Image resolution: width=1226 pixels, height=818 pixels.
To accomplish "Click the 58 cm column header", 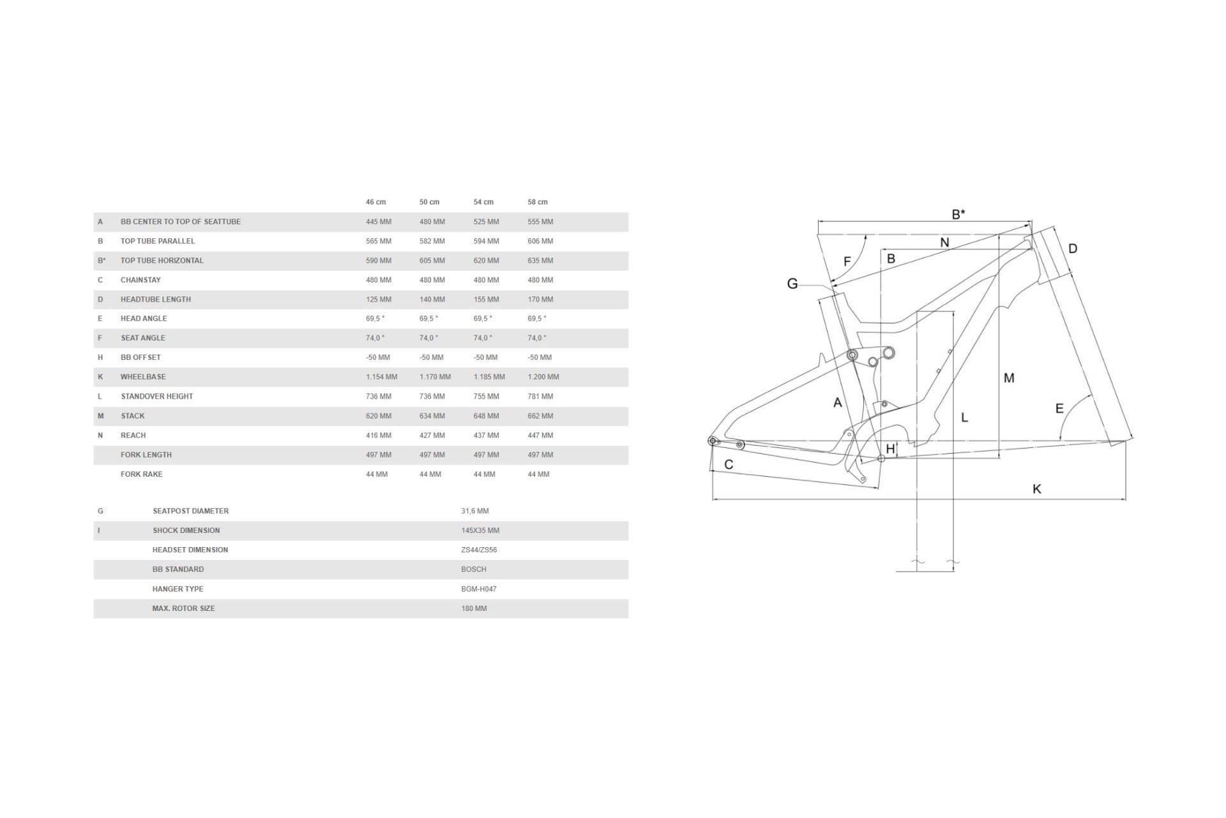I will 537,202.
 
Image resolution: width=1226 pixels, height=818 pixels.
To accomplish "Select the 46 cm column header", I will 375,202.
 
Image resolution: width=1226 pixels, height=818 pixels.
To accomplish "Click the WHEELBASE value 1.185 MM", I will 488,377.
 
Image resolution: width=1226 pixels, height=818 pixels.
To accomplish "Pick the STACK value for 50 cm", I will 432,416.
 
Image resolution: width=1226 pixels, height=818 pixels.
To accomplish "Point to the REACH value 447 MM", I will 540,435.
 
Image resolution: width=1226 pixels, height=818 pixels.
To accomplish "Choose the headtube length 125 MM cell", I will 378,299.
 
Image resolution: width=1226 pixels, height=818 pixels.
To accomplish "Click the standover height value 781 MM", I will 540,396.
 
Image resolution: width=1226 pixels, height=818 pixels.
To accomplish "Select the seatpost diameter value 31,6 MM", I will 474,511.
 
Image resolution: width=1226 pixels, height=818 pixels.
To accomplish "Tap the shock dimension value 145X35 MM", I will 480,530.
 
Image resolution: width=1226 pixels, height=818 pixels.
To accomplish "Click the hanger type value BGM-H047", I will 478,589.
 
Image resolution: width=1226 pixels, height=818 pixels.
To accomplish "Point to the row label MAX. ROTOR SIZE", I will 183,608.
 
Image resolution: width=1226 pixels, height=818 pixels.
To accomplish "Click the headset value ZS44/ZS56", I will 479,550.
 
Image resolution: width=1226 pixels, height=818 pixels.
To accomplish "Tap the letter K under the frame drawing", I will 1036,489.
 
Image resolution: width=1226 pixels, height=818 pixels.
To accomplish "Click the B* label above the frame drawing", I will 958,215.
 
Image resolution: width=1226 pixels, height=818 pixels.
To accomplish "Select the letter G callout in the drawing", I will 792,284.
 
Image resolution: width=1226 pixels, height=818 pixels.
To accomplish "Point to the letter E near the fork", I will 1059,408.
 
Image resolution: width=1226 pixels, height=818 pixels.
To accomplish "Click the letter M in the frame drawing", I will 1009,378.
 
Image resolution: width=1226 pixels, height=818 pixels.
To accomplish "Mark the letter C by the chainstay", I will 729,465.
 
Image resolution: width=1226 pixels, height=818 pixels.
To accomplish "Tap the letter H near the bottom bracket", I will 890,449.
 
